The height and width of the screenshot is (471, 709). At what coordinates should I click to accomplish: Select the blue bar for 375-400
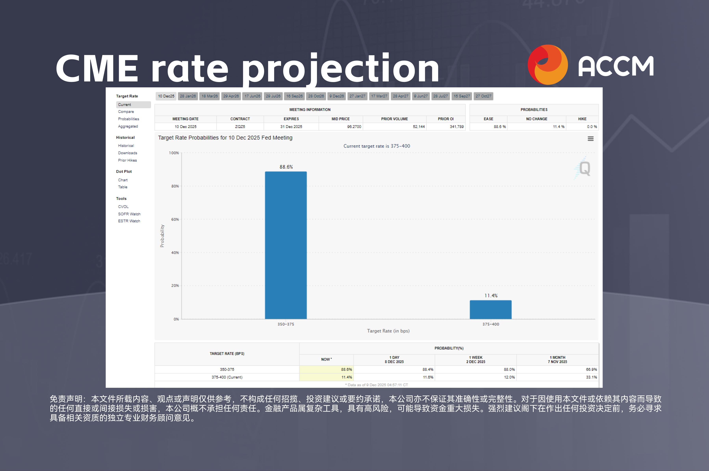click(490, 309)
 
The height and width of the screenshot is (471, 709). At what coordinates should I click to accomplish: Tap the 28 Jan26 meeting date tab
click(188, 96)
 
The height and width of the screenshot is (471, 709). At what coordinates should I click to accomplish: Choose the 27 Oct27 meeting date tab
click(483, 96)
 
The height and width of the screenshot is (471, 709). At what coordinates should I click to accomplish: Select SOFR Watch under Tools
click(129, 214)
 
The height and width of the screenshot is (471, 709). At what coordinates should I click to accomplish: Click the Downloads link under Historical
click(127, 153)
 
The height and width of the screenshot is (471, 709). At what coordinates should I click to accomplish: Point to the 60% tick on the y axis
click(175, 219)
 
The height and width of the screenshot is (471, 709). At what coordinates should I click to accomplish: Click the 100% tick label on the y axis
click(174, 153)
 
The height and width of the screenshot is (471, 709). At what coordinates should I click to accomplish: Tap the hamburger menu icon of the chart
click(590, 139)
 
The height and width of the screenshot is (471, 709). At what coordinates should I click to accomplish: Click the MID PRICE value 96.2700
click(354, 127)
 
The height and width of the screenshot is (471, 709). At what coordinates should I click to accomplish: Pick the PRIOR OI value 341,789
click(457, 127)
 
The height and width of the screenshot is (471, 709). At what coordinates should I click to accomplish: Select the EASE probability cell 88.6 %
click(499, 127)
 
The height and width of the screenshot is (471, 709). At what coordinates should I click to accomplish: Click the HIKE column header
click(582, 119)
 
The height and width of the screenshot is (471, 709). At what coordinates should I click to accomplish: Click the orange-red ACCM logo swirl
click(548, 65)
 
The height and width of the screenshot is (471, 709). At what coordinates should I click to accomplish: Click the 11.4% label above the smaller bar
click(491, 296)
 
